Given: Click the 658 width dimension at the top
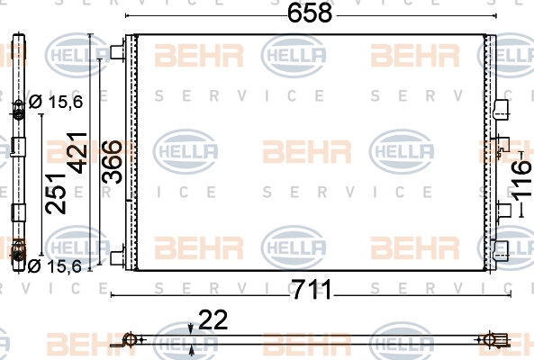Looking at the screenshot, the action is click(x=310, y=13).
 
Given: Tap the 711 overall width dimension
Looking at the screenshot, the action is click(x=312, y=290).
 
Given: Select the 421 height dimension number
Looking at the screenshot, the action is click(x=77, y=153).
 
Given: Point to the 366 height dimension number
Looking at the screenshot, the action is click(x=112, y=162).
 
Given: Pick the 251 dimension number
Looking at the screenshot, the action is click(x=56, y=193).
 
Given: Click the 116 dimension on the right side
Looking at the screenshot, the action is click(x=521, y=180).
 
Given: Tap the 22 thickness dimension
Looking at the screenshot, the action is click(x=213, y=319).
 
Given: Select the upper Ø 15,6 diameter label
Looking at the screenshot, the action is click(x=56, y=102).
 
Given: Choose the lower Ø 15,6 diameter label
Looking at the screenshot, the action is click(x=55, y=266).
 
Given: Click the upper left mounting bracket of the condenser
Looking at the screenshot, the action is click(x=118, y=52).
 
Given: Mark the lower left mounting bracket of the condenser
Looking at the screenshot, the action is click(x=118, y=258).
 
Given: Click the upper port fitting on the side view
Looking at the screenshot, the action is click(x=18, y=109).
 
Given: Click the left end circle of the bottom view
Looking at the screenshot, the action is click(x=131, y=339).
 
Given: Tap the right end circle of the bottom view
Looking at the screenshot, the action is click(x=490, y=339).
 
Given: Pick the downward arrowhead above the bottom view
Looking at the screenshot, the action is click(x=191, y=329).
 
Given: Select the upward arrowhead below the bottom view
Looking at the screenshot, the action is click(x=192, y=349).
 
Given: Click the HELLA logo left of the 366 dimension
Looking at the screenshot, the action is click(x=78, y=55).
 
